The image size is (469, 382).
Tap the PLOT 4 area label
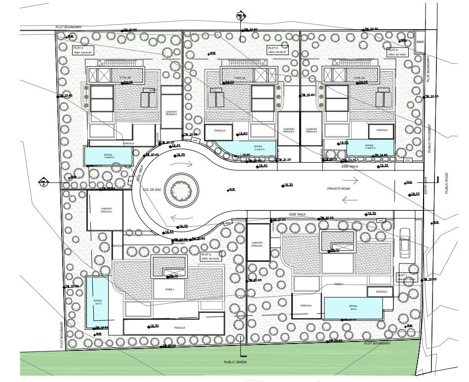(x=277, y=50)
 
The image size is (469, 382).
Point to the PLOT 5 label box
(x=396, y=52)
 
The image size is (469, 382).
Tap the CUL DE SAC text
(x=152, y=189)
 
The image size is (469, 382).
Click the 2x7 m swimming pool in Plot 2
(x=97, y=301)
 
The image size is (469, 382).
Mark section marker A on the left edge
(x=44, y=183)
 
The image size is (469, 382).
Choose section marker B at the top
(x=241, y=15)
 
